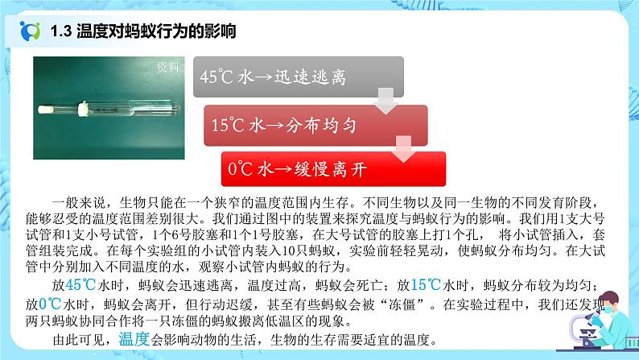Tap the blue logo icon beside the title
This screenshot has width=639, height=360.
click(x=31, y=32)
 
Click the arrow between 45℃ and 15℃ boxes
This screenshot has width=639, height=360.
click(x=385, y=101)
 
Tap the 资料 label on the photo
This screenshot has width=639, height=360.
click(x=168, y=67)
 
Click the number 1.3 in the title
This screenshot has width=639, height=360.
click(x=60, y=33)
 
